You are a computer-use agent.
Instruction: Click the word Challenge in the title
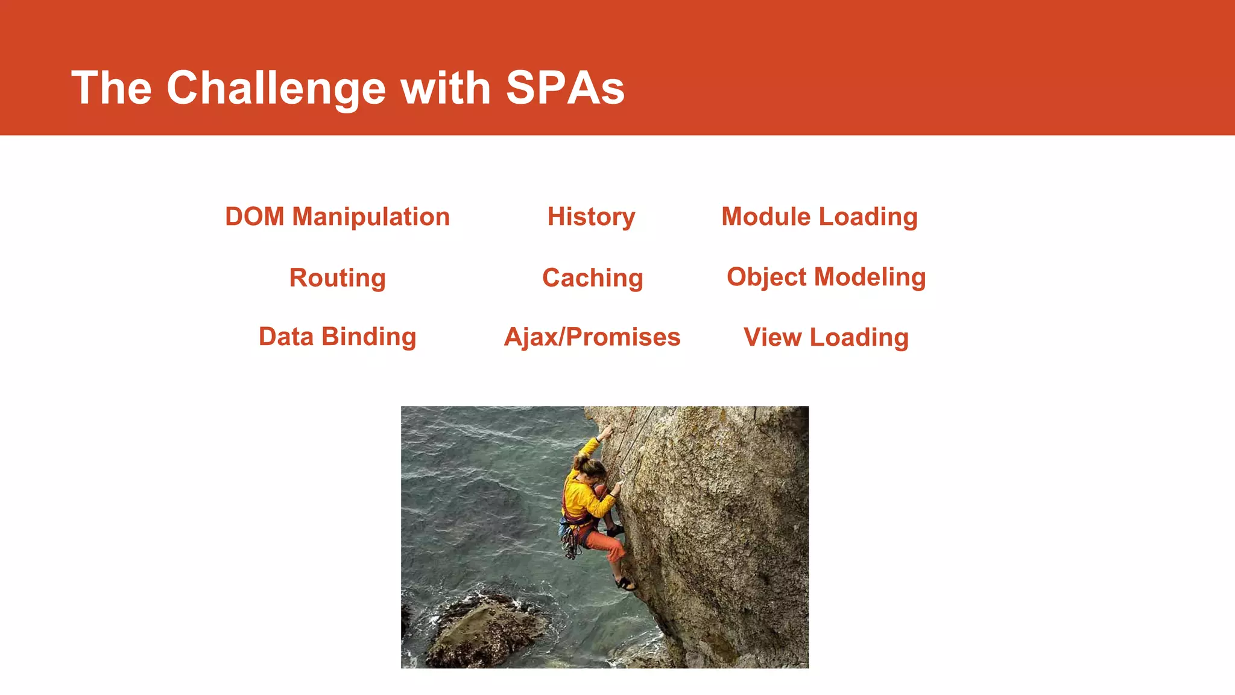[276, 89]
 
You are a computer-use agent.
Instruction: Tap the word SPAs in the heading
[564, 89]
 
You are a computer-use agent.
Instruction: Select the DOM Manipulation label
[337, 217]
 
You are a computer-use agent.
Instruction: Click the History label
[591, 217]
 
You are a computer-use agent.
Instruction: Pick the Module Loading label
[819, 217]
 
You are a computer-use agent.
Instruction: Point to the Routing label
[337, 278]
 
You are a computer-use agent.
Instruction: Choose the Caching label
[592, 278]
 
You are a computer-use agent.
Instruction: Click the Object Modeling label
[826, 277]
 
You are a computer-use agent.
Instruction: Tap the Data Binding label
[337, 337]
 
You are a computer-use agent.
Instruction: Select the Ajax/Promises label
[592, 337]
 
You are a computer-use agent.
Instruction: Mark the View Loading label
[826, 337]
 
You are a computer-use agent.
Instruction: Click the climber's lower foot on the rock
[625, 583]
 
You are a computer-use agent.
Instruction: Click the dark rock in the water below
[482, 630]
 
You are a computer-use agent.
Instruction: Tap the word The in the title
[112, 89]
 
